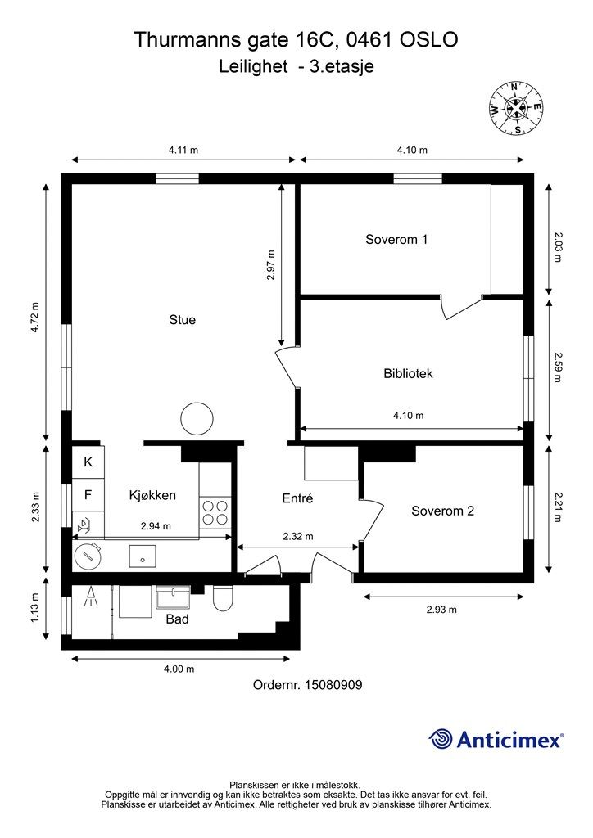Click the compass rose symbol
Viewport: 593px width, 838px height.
tap(517, 108)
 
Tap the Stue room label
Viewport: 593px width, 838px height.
tap(183, 320)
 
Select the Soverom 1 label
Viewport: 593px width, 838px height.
tap(396, 240)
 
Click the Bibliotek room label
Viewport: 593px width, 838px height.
tap(408, 373)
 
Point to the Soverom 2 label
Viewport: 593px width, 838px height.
tap(443, 511)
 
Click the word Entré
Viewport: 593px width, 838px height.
tap(297, 498)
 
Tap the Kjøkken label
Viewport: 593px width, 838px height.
tap(152, 495)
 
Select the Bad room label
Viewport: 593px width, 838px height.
tap(177, 619)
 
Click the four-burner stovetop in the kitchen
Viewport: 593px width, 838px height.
tap(215, 512)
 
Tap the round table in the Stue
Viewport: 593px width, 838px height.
tap(197, 418)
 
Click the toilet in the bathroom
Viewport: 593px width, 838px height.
tap(222, 598)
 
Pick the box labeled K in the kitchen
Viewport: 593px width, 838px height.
tap(88, 462)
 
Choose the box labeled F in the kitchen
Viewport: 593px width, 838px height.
tap(88, 495)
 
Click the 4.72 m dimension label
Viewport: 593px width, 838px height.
tap(34, 318)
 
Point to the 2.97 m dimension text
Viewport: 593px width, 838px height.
tap(271, 265)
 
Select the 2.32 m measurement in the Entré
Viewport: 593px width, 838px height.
tap(298, 536)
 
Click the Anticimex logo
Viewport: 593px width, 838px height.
tap(496, 740)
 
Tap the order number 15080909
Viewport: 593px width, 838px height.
tap(333, 685)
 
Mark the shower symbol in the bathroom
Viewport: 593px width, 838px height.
tap(92, 597)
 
